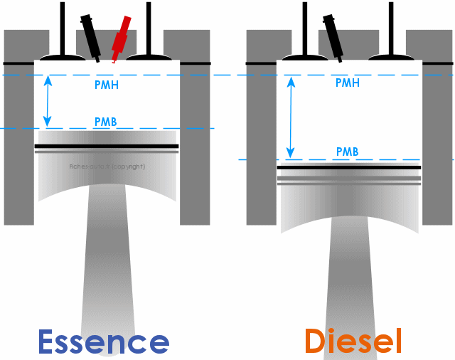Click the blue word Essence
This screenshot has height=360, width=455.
click(103, 342)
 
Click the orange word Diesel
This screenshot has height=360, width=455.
click(353, 341)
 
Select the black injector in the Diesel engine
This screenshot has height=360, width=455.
click(333, 35)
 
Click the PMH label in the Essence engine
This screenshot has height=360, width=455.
click(106, 83)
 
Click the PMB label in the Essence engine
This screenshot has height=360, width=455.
click(105, 122)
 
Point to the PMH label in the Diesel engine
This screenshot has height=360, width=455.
click(347, 83)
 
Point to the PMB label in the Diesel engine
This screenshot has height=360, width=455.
click(347, 152)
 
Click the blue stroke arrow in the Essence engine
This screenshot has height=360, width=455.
click(48, 101)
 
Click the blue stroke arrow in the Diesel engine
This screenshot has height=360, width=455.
click(290, 117)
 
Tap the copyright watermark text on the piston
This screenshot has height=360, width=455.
click(107, 166)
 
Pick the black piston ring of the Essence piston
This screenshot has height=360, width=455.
click(107, 146)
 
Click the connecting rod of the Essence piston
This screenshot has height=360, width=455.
click(107, 270)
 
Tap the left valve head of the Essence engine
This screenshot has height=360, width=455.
click(63, 55)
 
